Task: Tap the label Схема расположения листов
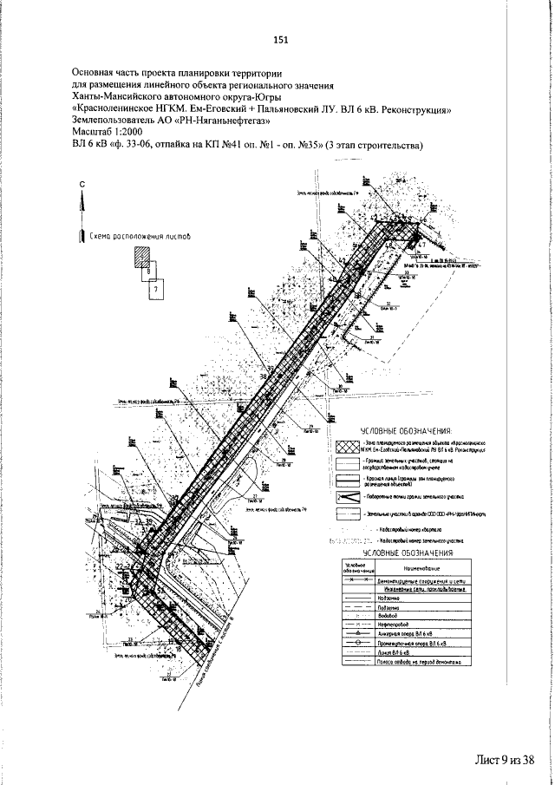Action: tap(140, 235)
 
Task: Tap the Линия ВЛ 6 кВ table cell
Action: tap(394, 652)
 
